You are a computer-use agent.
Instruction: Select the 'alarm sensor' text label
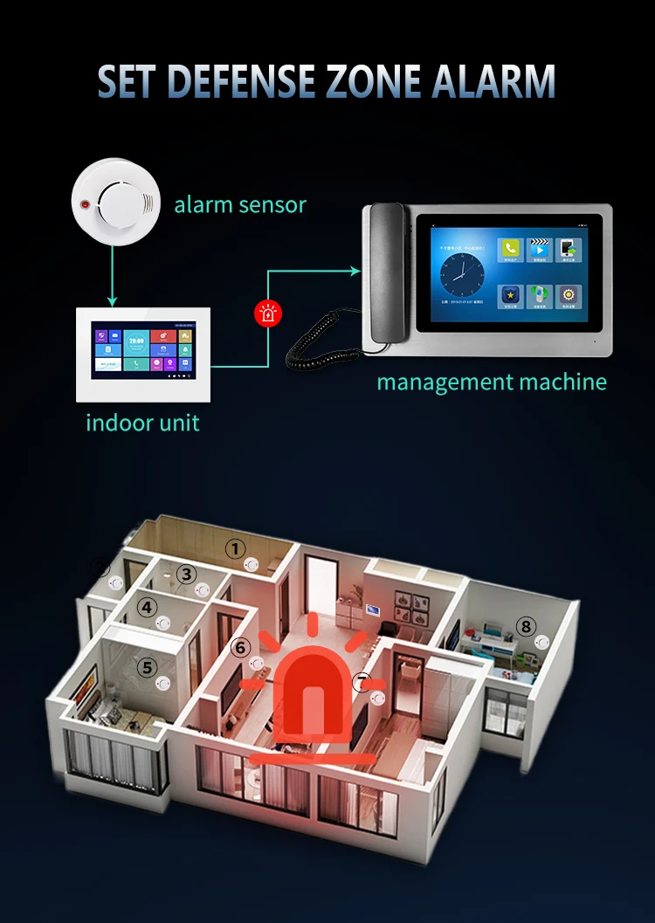click(x=240, y=205)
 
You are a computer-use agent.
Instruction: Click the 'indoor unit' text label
click(x=142, y=424)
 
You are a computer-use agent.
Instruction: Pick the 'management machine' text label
click(x=491, y=382)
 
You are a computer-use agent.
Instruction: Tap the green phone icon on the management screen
click(x=510, y=250)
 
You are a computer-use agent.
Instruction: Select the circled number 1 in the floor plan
click(x=235, y=548)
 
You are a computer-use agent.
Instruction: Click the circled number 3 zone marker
click(x=186, y=574)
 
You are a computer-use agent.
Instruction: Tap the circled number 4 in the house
click(x=148, y=606)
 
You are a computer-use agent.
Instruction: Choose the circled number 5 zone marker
click(x=148, y=667)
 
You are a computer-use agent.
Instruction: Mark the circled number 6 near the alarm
click(x=241, y=647)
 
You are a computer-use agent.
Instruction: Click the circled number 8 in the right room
click(x=525, y=625)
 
